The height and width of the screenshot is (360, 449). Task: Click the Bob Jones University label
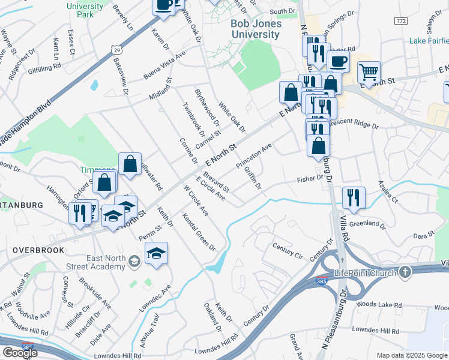(x=256, y=29)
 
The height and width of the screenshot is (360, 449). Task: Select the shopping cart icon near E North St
(x=369, y=73)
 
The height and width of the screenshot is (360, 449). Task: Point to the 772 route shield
(x=400, y=21)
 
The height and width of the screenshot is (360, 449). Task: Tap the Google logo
(x=20, y=352)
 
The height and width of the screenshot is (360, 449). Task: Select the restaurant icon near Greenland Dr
(x=353, y=198)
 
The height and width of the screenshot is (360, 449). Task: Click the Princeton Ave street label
(x=254, y=155)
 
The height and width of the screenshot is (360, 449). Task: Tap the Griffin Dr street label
(x=252, y=178)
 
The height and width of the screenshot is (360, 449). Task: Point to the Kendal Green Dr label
(x=199, y=232)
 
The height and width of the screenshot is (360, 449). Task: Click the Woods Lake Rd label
(x=378, y=305)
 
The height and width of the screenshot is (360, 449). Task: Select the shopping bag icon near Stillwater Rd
(x=130, y=165)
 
